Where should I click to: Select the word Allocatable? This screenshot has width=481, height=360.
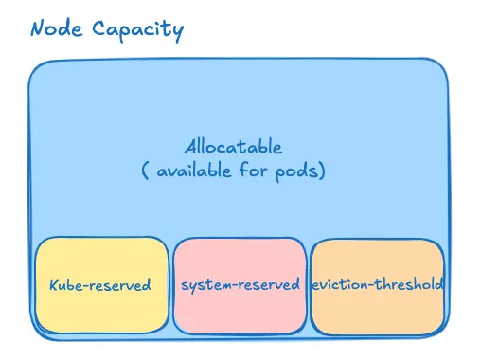[233, 148]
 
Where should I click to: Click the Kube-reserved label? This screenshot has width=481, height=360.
[99, 285]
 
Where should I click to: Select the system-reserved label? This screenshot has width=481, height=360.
[240, 284]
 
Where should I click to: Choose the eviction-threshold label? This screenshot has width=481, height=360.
[377, 284]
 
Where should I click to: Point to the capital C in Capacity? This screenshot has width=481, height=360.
[99, 28]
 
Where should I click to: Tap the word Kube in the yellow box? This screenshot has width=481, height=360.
[66, 285]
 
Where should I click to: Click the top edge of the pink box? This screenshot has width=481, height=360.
[240, 240]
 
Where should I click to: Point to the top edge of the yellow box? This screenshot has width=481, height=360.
[101, 239]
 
